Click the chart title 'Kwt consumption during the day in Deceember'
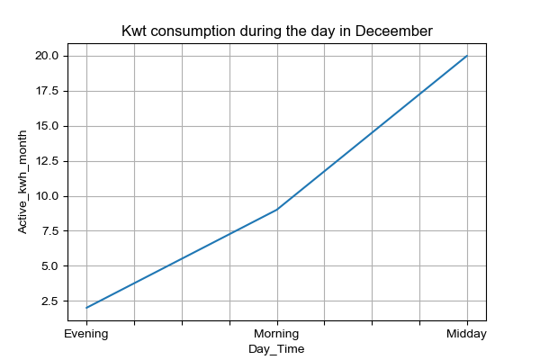(277, 31)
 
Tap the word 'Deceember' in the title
(393, 31)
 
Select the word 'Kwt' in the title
(134, 31)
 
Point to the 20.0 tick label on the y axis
(47, 56)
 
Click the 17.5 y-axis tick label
(47, 91)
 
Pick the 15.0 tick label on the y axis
(47, 126)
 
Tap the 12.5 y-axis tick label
(47, 161)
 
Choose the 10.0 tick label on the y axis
(47, 196)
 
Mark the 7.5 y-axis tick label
(50, 230)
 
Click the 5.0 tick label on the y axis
(50, 266)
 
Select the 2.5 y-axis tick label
(50, 301)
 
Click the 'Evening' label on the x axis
(86, 334)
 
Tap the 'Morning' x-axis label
(276, 334)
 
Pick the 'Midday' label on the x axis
(466, 334)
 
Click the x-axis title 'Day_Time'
(276, 349)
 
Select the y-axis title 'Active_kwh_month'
(22, 182)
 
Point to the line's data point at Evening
(86, 308)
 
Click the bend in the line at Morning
(277, 209)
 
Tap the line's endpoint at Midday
(467, 56)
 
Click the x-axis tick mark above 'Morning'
(277, 323)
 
